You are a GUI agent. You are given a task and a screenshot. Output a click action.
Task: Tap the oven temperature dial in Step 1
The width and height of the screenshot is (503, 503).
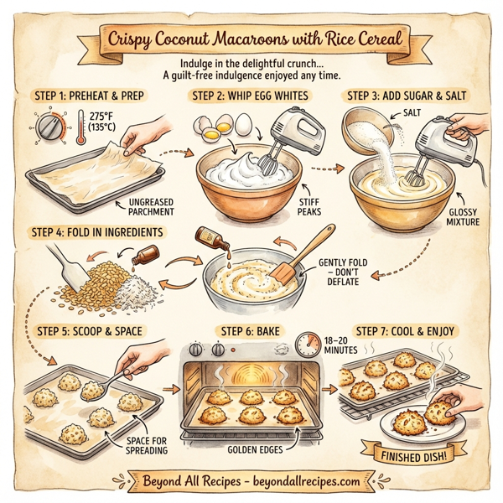tap(49, 128)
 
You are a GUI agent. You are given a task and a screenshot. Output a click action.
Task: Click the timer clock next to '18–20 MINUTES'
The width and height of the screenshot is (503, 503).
tap(312, 343)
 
